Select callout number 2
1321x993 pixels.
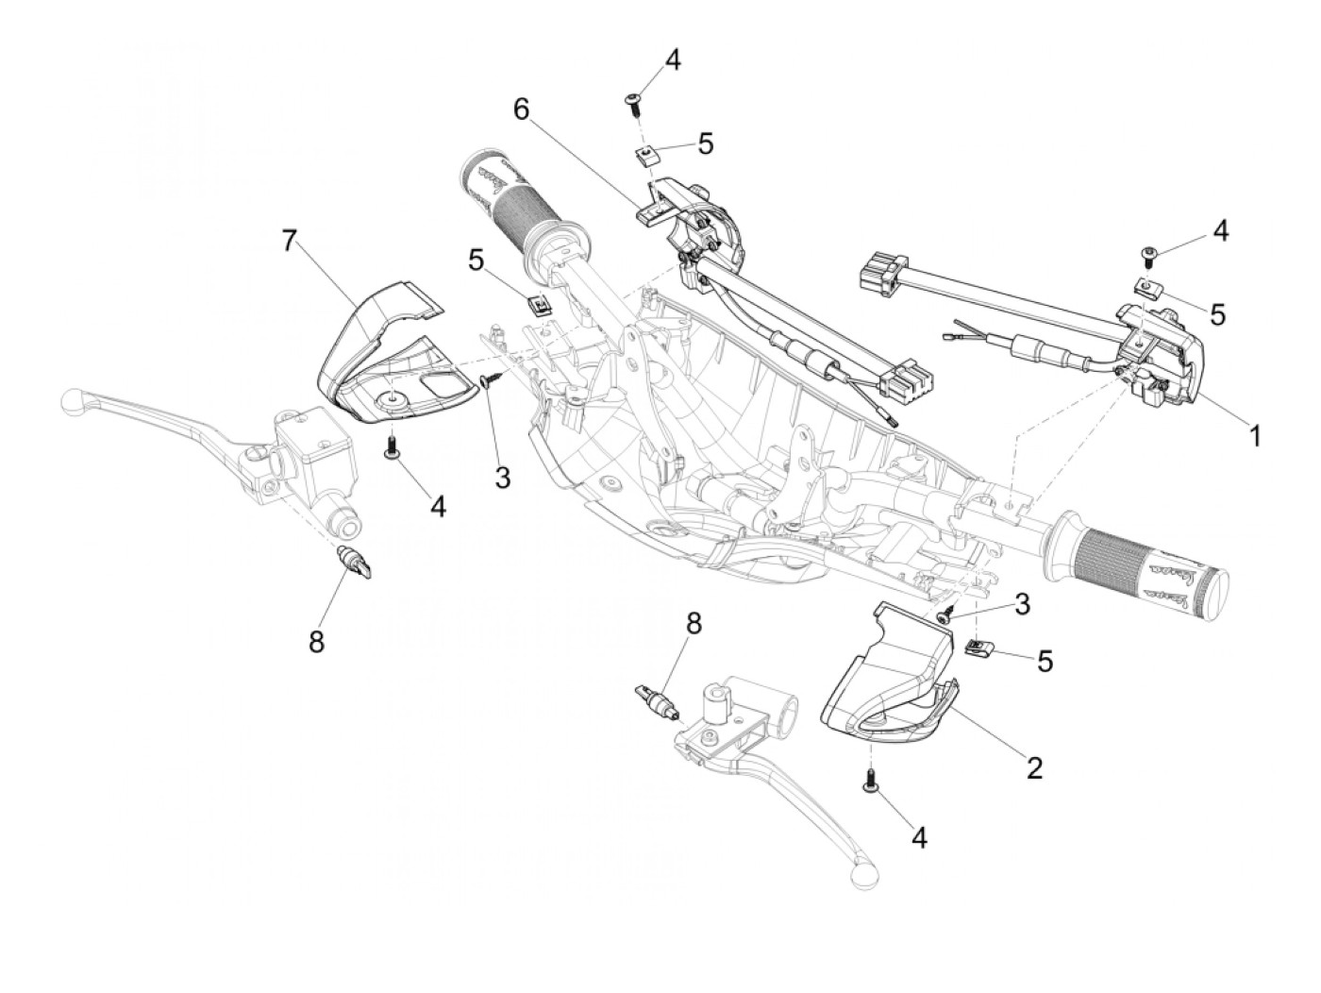[1034, 768]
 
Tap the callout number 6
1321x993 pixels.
[520, 109]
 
